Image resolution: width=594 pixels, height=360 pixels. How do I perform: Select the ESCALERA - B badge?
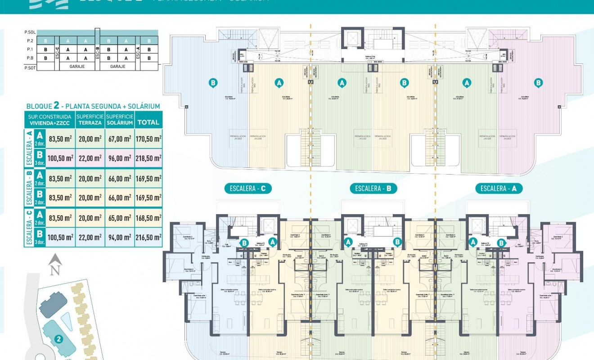click(x=373, y=189)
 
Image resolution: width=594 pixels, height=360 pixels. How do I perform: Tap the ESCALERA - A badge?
click(x=499, y=189)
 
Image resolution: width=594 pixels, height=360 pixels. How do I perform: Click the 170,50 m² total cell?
click(x=148, y=139)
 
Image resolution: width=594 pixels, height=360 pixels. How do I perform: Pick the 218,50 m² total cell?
click(x=148, y=158)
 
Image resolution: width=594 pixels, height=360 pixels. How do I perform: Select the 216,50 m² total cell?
click(x=148, y=237)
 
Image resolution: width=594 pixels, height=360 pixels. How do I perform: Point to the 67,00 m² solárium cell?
click(x=120, y=139)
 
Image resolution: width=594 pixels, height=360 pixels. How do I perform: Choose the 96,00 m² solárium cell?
click(x=120, y=158)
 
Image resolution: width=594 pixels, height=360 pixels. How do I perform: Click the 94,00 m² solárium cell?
click(x=120, y=237)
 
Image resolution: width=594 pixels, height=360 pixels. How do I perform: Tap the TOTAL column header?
click(x=148, y=122)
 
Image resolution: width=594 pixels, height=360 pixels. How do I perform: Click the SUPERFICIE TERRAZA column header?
click(x=90, y=119)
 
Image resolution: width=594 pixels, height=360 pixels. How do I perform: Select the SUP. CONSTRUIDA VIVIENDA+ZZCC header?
click(x=49, y=119)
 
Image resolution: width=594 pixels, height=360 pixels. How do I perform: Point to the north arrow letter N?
click(x=55, y=270)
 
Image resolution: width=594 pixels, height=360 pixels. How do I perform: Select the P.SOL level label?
click(x=30, y=32)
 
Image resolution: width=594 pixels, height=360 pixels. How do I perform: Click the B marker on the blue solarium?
click(x=214, y=82)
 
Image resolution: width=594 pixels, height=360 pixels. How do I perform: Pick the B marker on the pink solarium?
click(x=538, y=82)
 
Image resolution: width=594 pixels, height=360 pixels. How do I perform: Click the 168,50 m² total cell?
click(x=148, y=218)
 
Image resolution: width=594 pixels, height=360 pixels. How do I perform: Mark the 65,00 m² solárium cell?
click(x=120, y=218)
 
